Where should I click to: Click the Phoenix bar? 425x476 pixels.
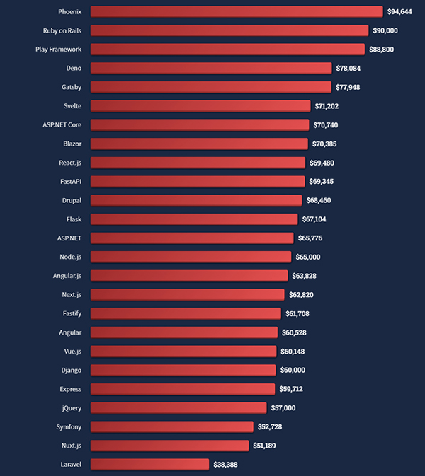pos(237,11)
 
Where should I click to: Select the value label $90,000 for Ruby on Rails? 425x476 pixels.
pos(385,30)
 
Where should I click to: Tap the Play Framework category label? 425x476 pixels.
pos(59,50)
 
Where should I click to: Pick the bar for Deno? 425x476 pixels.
pos(211,68)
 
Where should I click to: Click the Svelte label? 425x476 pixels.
pos(72,106)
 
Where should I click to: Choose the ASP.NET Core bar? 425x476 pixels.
pos(200,124)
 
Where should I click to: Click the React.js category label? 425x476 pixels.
pos(70,163)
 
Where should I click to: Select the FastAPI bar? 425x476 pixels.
pos(198,181)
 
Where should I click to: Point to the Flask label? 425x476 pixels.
pos(74,219)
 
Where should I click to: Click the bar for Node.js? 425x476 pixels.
pos(191,257)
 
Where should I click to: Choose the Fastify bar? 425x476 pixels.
pos(187,313)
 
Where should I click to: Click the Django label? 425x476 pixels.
pos(71,370)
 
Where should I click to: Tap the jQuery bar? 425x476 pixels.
pos(178,407)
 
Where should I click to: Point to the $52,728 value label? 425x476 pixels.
pos(273,426)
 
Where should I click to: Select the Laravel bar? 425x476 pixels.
pos(150,464)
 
